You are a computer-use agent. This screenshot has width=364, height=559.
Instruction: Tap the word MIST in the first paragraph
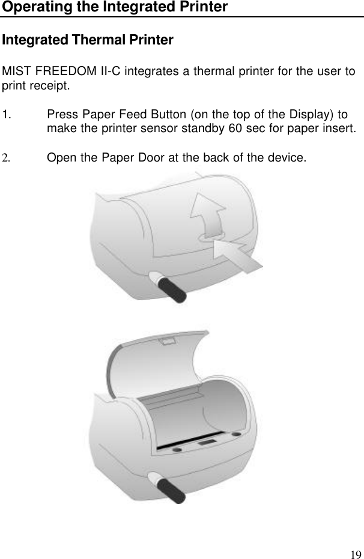[x=16, y=72]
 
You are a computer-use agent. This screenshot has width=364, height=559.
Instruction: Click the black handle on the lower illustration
[x=174, y=489]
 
